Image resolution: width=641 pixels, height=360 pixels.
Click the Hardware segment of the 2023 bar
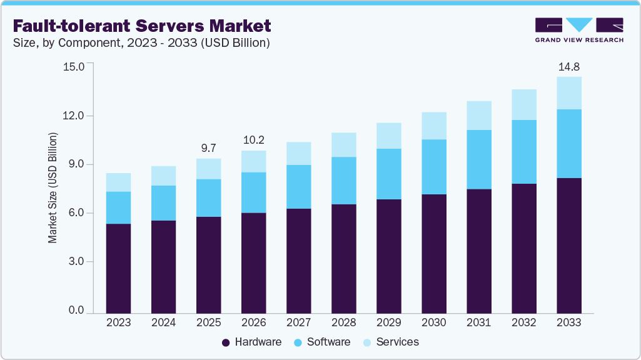coord(118,268)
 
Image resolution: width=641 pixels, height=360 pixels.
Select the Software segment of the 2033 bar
coord(569,144)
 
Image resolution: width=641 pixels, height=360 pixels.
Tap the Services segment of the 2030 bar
coord(434,126)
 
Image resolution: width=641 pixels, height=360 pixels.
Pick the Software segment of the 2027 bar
coord(298,186)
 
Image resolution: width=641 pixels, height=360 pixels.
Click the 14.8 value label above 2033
coord(569,66)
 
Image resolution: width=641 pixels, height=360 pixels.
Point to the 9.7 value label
coord(208,148)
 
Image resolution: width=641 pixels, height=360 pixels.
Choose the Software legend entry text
coord(329,342)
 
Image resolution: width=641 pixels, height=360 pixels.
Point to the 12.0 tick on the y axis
coord(73,116)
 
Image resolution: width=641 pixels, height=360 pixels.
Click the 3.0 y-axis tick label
coord(76,262)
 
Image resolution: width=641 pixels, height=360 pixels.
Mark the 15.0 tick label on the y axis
coord(73,66)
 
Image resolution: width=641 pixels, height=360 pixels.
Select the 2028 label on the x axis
coord(343,322)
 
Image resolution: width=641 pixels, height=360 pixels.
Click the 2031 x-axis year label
coord(478,322)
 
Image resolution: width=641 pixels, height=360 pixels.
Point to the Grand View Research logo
coord(579,29)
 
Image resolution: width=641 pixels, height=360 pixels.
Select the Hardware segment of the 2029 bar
coord(388,256)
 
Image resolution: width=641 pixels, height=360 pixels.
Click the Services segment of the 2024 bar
coord(163,176)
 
